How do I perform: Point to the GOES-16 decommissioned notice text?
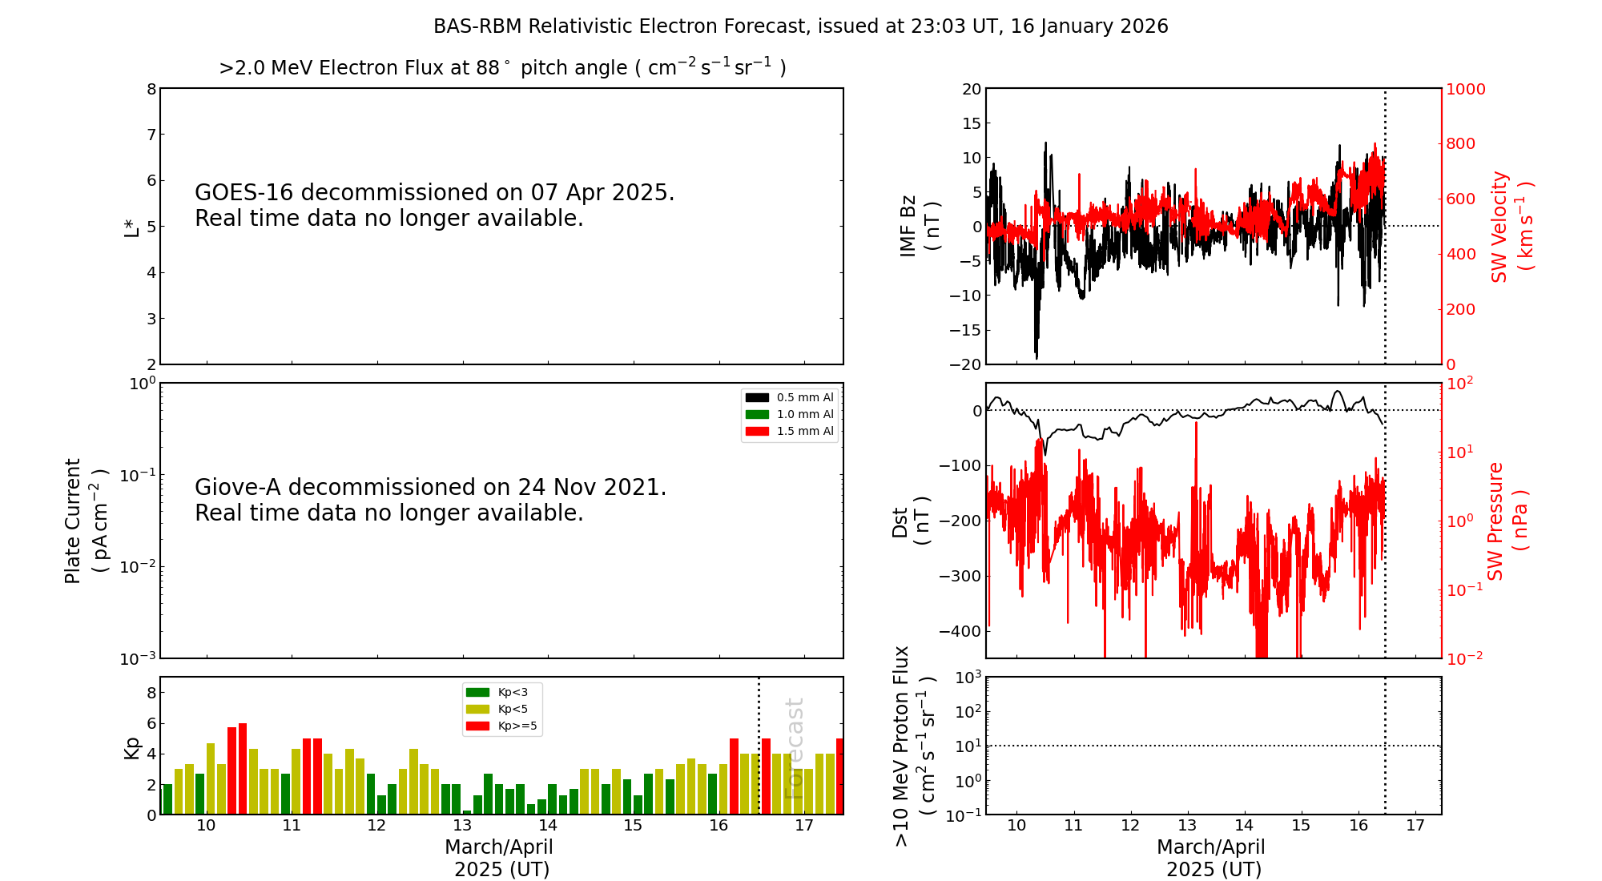click(434, 205)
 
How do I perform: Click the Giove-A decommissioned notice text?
click(430, 500)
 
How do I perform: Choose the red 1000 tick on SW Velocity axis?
click(1465, 89)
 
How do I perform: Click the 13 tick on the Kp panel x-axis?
click(462, 826)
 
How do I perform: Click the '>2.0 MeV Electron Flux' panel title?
click(502, 67)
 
